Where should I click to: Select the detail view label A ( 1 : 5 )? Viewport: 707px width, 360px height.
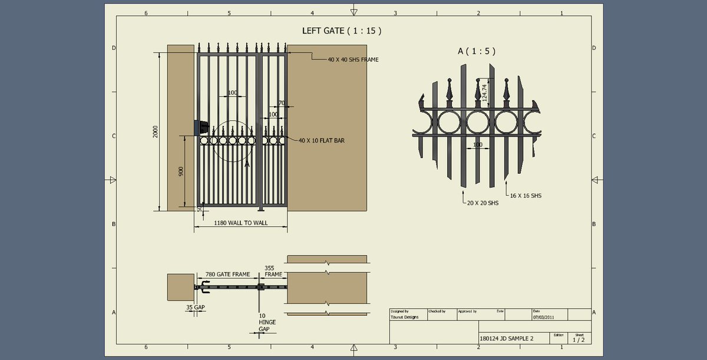coord(476,51)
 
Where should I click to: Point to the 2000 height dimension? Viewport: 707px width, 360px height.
coord(154,131)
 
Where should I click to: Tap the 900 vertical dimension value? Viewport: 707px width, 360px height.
coord(181,171)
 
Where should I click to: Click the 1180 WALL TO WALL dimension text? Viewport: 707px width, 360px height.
coord(240,223)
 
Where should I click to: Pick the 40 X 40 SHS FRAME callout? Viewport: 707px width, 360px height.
coord(353,60)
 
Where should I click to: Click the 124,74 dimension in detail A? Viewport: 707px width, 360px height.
coord(485,94)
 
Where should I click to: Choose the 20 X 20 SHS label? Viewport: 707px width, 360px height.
coord(483,203)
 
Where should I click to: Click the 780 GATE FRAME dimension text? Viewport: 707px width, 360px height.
coord(227,275)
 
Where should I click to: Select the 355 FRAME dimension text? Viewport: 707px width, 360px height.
coord(273,271)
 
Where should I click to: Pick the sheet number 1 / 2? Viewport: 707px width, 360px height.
coord(578,339)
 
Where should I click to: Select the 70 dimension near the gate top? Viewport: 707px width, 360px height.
coord(281,103)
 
